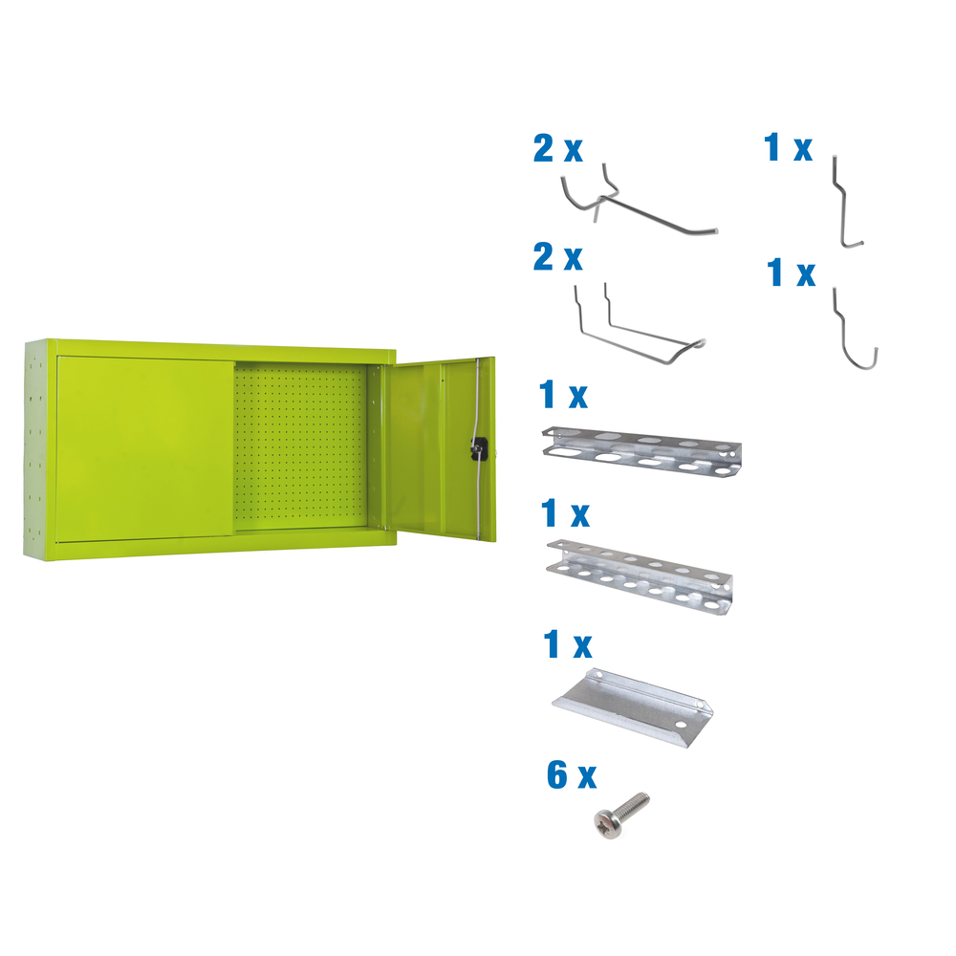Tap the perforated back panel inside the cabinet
tap(302, 445)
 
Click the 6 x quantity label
tap(571, 775)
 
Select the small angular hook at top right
tap(846, 205)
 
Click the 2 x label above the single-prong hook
tap(558, 149)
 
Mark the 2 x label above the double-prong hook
tap(558, 258)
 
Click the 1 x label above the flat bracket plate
tap(567, 645)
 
